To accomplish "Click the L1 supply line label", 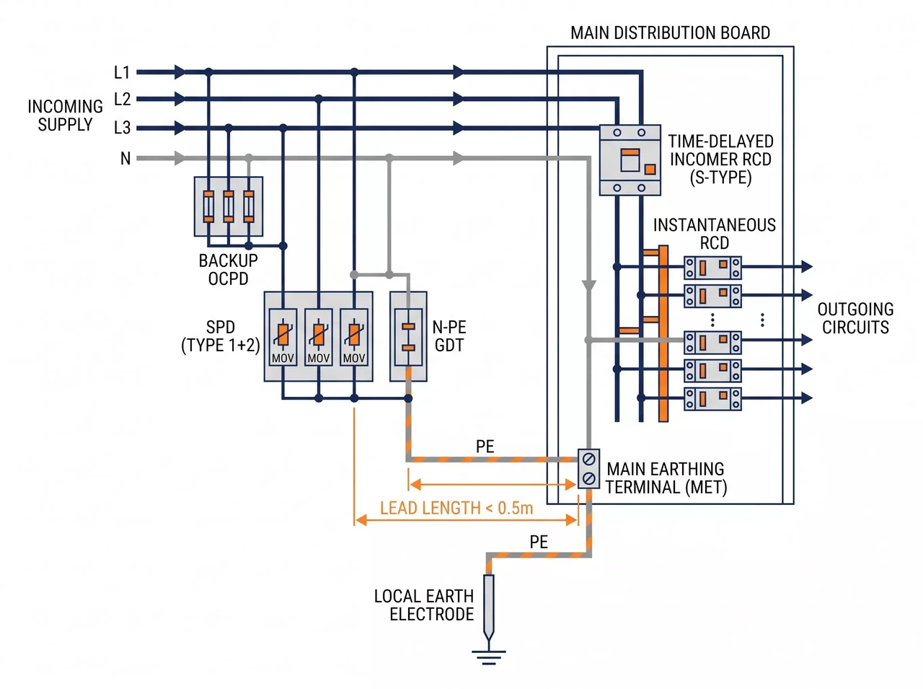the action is pos(122,72).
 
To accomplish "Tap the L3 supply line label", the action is pos(122,127).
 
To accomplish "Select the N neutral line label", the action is pos(125,159).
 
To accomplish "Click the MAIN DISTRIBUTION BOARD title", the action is pos(669,32).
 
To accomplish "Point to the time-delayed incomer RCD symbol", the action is pos(630,160).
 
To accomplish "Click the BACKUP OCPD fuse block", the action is pos(229,206).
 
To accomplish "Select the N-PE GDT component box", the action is pos(408,336).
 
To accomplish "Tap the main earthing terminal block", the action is pos(588,468).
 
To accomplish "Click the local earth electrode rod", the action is pos(489,607).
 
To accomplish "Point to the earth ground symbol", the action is pos(489,657).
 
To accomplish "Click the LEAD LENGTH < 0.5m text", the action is pos(456,508).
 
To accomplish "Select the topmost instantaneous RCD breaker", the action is pos(712,268).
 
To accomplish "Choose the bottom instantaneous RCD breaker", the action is pos(712,399).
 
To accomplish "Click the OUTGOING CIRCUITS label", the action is pos(855,318).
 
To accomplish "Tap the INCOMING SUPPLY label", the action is pos(65,115).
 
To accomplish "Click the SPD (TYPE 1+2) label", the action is pos(221,336).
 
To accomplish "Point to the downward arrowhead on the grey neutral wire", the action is pos(588,286).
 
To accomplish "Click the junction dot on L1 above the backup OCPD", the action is pos(208,72).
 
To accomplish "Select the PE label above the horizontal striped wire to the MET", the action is pos(485,447).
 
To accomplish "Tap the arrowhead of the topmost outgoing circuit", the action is pos(806,267).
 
